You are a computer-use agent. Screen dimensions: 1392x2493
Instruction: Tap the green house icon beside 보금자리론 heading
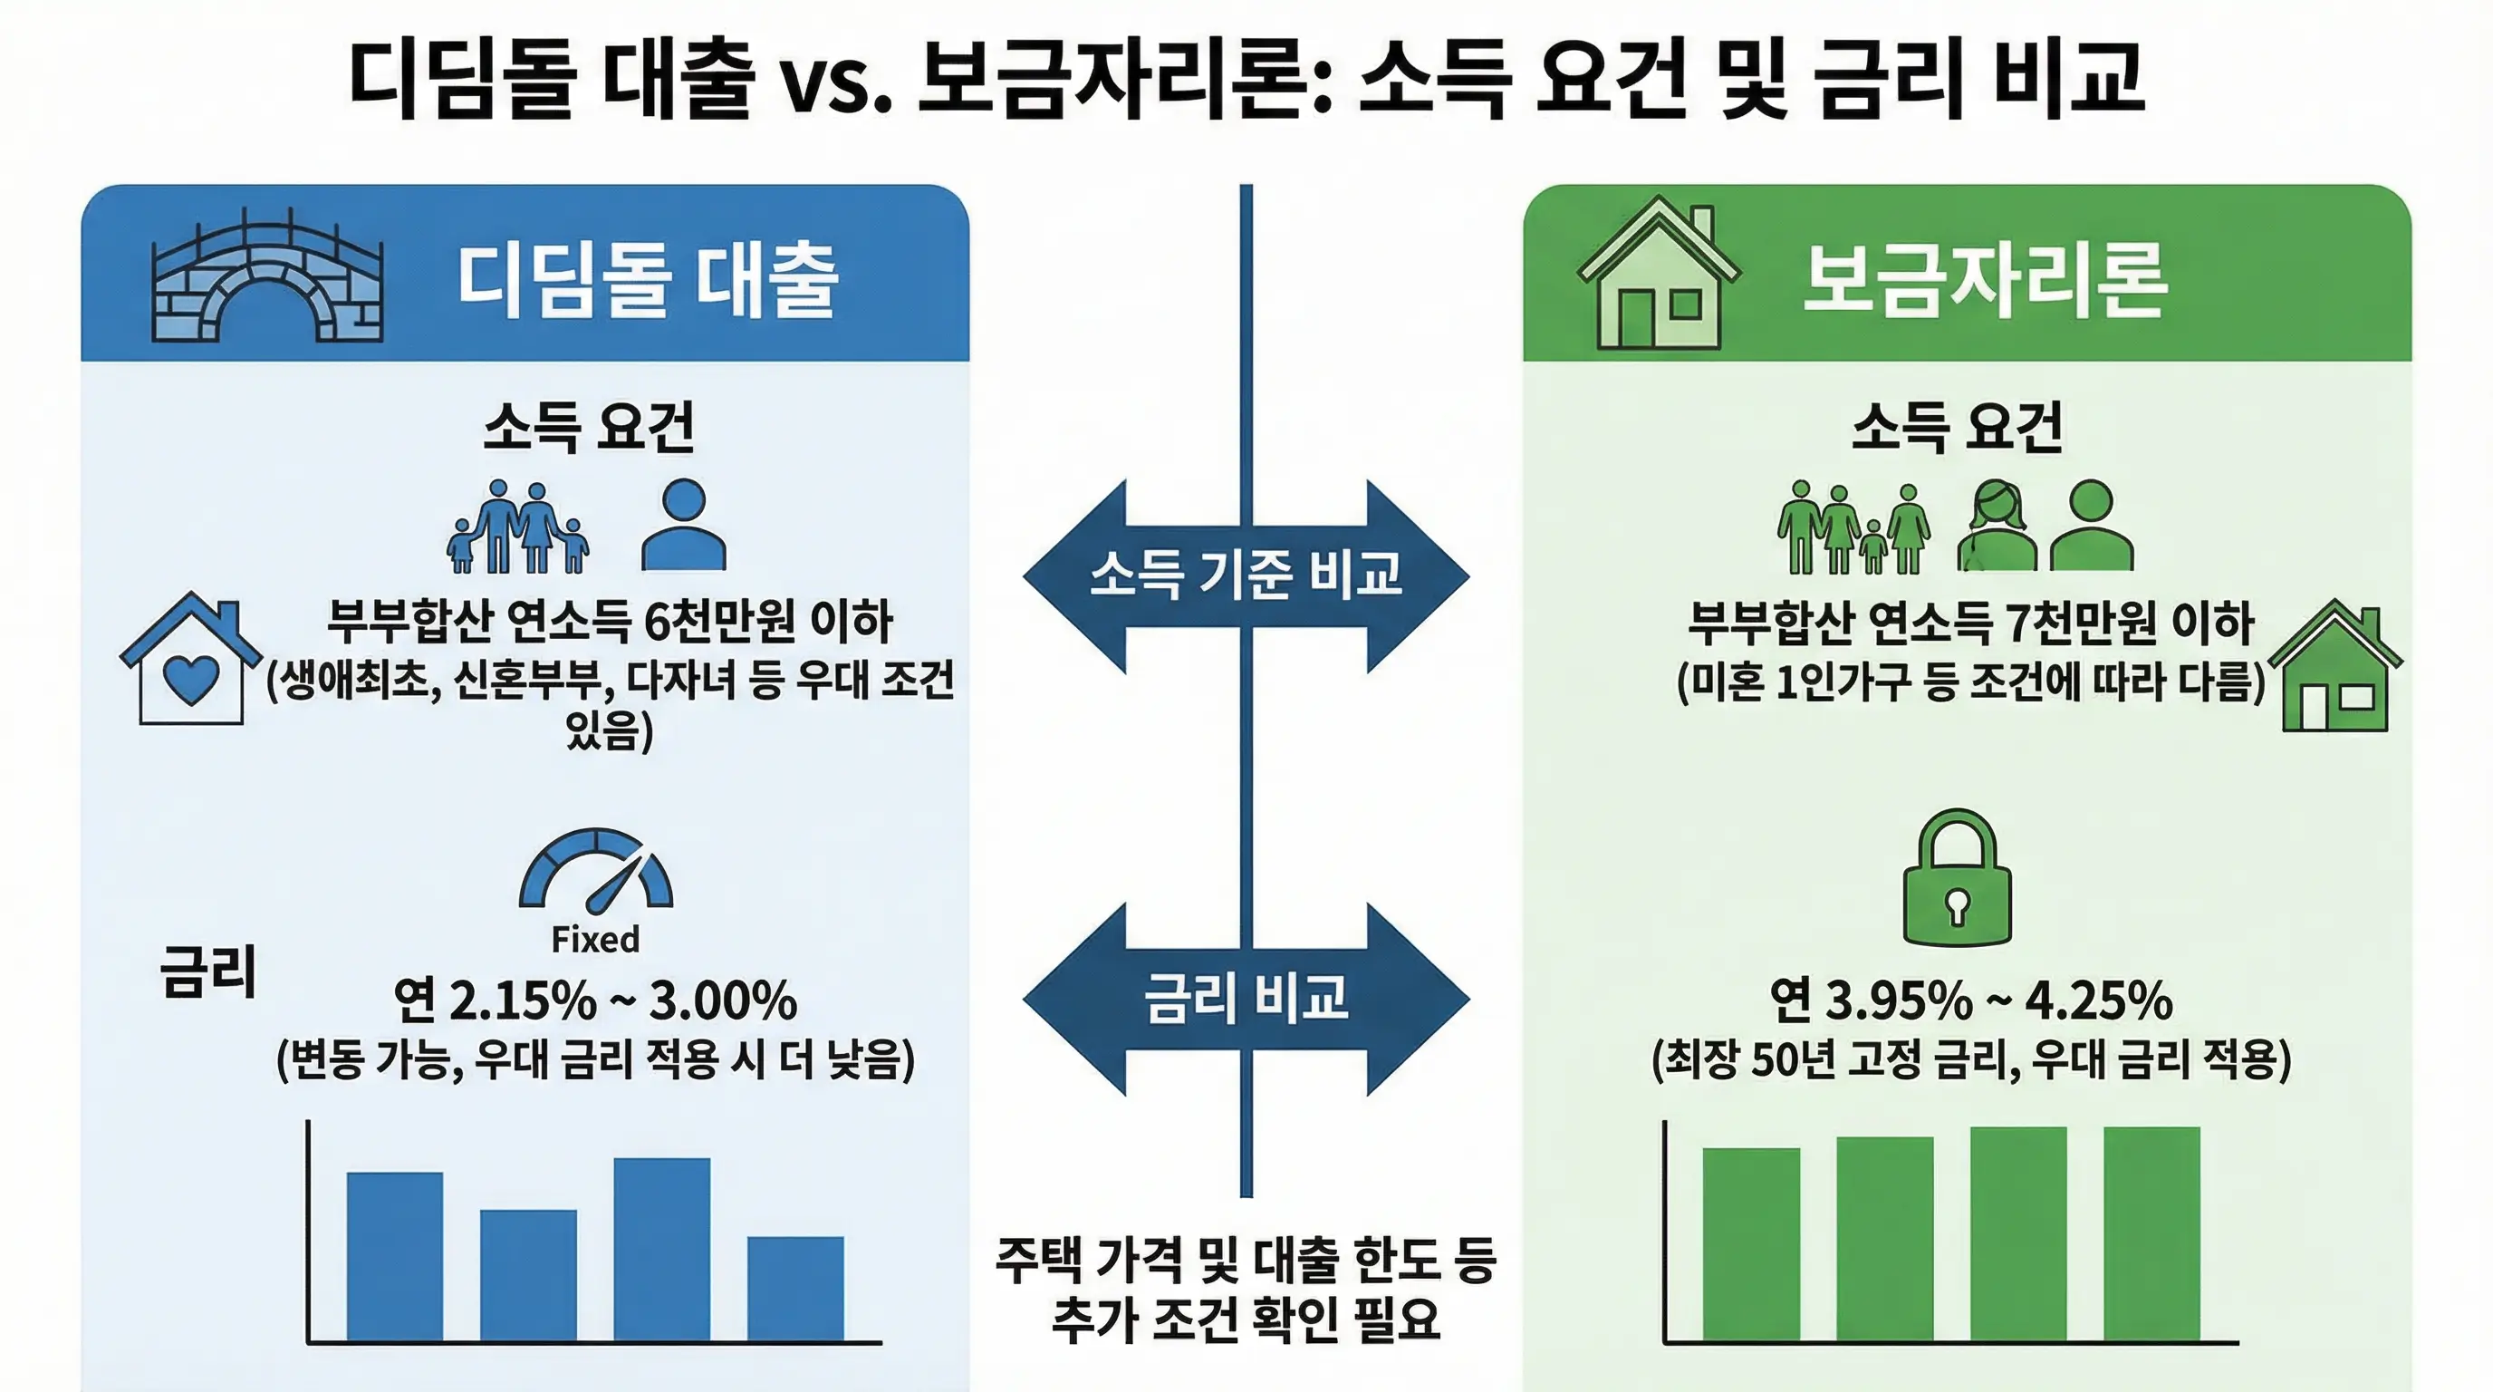tap(1658, 275)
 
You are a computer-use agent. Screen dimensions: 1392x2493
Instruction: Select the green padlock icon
tap(1957, 879)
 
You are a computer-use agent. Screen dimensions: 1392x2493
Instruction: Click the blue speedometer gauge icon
tap(596, 869)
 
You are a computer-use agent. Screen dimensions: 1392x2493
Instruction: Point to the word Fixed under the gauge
tap(595, 939)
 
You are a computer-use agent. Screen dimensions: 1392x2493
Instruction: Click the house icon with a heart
tap(190, 660)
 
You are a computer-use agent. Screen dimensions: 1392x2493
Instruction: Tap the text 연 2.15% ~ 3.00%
tap(595, 1000)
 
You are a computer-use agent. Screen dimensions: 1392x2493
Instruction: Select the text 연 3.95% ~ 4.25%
tap(1970, 1000)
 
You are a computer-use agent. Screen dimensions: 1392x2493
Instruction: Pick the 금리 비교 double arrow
tap(1246, 998)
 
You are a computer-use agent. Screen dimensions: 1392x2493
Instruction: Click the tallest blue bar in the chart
tap(662, 1249)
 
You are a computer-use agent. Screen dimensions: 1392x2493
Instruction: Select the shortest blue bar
tap(794, 1288)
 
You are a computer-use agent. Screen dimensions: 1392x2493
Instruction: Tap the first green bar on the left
tap(1751, 1244)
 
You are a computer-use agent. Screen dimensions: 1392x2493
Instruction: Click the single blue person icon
tap(683, 526)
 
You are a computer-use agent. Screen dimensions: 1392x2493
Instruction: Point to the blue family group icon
tap(518, 527)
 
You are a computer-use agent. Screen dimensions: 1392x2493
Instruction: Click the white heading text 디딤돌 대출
tap(647, 280)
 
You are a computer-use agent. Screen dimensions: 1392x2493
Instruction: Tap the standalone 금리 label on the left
tap(208, 971)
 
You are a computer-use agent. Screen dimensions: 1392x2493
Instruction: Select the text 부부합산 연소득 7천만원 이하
tap(1970, 623)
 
